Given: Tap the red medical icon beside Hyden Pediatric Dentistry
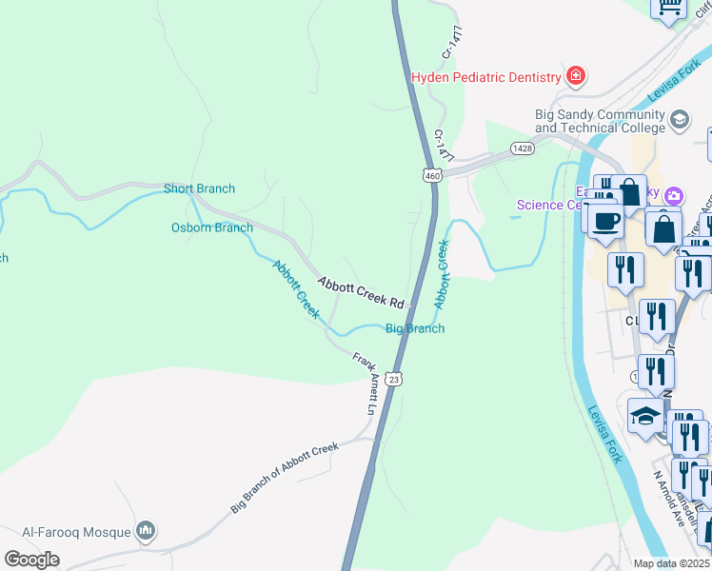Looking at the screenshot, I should click(575, 75).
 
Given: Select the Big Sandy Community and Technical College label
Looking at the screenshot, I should click(599, 121).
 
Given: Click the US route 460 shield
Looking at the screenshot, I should click(432, 175).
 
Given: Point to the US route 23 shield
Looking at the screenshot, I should click(395, 378).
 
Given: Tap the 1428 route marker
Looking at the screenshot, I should click(521, 148).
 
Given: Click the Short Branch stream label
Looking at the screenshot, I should click(199, 188).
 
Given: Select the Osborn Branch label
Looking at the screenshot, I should click(211, 227).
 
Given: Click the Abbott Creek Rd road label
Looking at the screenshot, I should click(361, 291).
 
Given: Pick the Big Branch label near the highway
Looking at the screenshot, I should click(414, 328).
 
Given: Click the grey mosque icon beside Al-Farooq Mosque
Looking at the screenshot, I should click(146, 529).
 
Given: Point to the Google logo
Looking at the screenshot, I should click(32, 560).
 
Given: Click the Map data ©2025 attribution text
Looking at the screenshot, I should click(671, 563).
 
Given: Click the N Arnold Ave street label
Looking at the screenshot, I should click(669, 486).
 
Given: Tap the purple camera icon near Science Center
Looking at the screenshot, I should click(674, 196).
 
